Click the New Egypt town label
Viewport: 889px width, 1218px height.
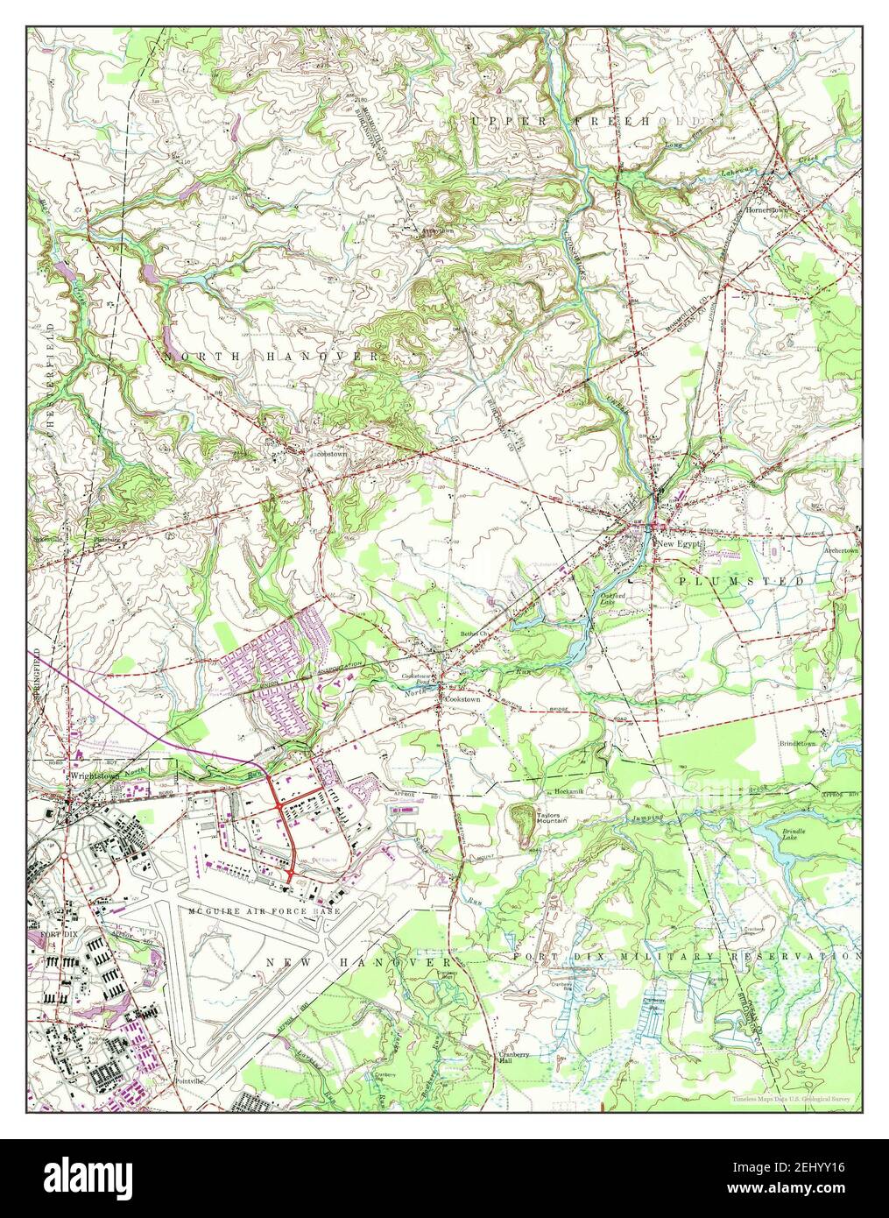680,543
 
